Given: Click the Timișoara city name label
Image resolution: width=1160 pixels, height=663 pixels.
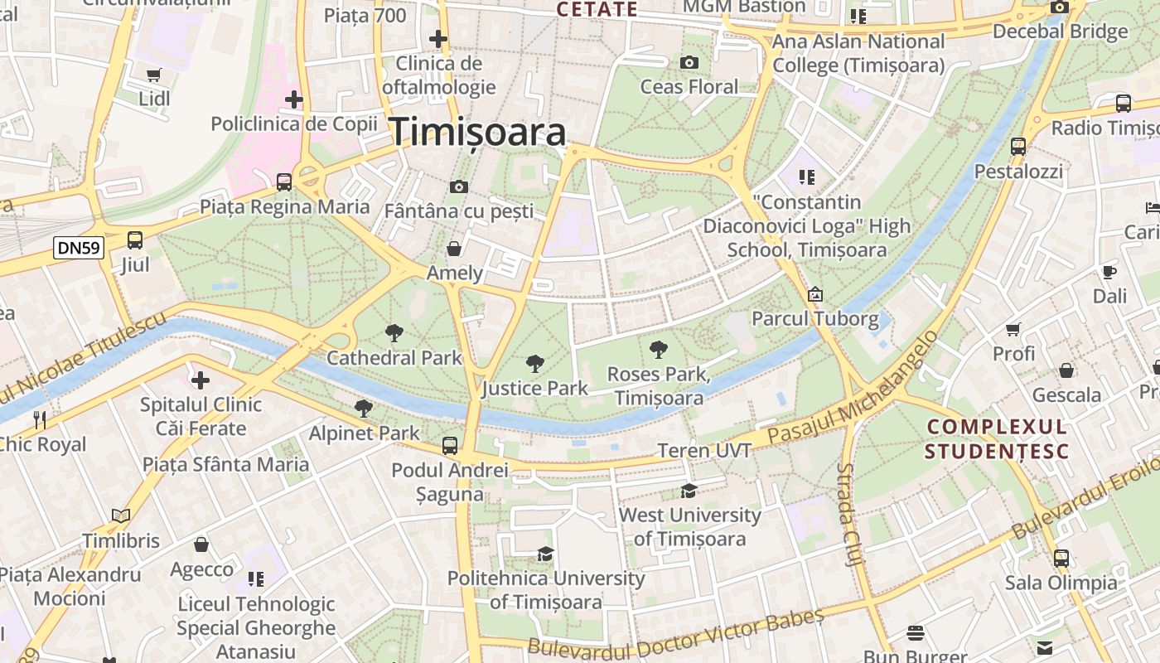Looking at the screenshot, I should coord(477,132).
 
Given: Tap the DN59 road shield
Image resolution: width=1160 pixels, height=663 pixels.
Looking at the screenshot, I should coord(79,247).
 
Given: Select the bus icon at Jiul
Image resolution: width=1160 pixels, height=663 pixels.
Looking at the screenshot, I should coord(135,240).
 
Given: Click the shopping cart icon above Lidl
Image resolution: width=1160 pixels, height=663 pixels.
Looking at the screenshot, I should coord(153,75).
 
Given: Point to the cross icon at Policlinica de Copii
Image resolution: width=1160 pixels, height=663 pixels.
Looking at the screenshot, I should coord(293,100).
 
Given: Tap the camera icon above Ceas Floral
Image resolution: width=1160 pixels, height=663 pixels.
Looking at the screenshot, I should coord(689,62).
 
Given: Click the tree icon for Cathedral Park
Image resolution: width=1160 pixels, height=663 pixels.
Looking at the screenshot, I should coord(394,333).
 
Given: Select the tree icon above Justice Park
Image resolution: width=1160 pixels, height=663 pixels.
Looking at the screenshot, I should coord(535,363).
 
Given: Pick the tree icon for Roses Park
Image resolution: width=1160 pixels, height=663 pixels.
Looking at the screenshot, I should coord(659,349).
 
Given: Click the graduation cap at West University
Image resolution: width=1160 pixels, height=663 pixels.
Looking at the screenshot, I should coord(689,491).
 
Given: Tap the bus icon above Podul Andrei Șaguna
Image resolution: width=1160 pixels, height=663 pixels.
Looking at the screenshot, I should coord(450,446).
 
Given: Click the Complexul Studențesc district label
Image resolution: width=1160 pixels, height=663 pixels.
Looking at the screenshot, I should coord(997,439).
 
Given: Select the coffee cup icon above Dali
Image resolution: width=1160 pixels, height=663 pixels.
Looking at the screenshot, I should coord(1109,272).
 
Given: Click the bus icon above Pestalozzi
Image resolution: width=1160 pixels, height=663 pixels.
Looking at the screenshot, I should coord(1018,147).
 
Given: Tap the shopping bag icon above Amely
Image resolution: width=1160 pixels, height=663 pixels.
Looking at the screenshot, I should coord(454,249).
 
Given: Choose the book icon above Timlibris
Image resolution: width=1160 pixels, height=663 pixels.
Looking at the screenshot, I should coord(121,516).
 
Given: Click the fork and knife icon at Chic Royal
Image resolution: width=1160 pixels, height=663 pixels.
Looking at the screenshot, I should coord(38,419).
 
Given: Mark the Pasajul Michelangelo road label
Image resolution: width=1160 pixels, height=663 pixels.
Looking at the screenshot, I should coord(853,388).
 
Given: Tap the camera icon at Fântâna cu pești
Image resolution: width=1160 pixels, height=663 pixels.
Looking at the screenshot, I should coord(459,187).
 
